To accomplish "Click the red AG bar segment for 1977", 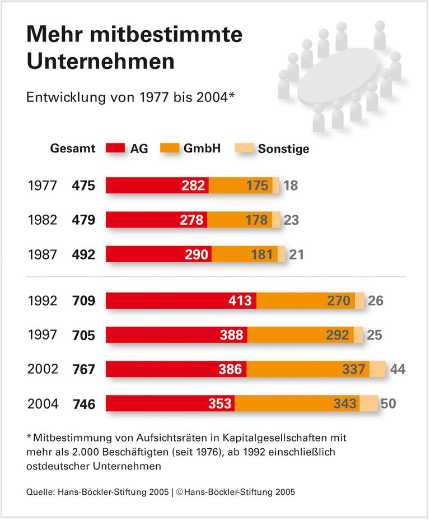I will [157, 185].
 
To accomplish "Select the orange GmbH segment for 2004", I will [297, 403].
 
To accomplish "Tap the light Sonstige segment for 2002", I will [377, 369].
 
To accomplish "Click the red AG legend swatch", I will [116, 148].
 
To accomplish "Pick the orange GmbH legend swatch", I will [170, 148].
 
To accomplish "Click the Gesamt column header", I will [73, 149].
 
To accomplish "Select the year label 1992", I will [43, 301].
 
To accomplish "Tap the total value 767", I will [83, 370].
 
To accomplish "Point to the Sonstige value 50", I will [387, 404].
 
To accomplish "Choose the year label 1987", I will [43, 254].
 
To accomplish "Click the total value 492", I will [83, 254].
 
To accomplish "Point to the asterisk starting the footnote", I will [29, 435].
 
